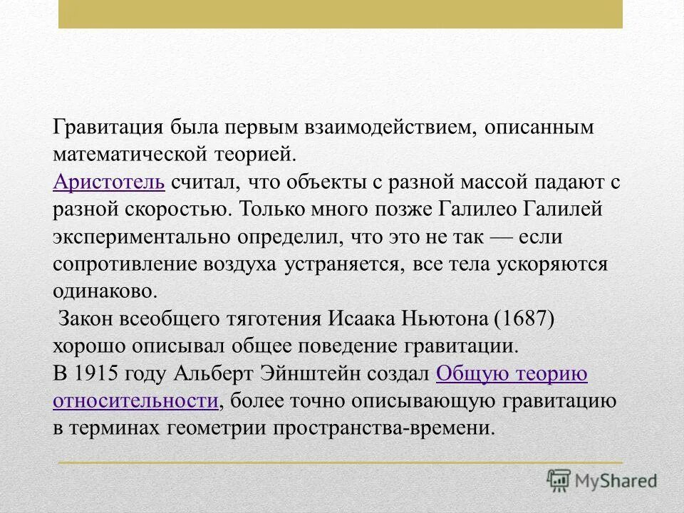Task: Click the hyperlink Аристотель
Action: [x=109, y=182]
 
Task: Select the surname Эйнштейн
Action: [x=322, y=373]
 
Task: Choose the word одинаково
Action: [x=103, y=291]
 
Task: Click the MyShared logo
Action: [x=602, y=480]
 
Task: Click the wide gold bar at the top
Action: [x=341, y=14]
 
